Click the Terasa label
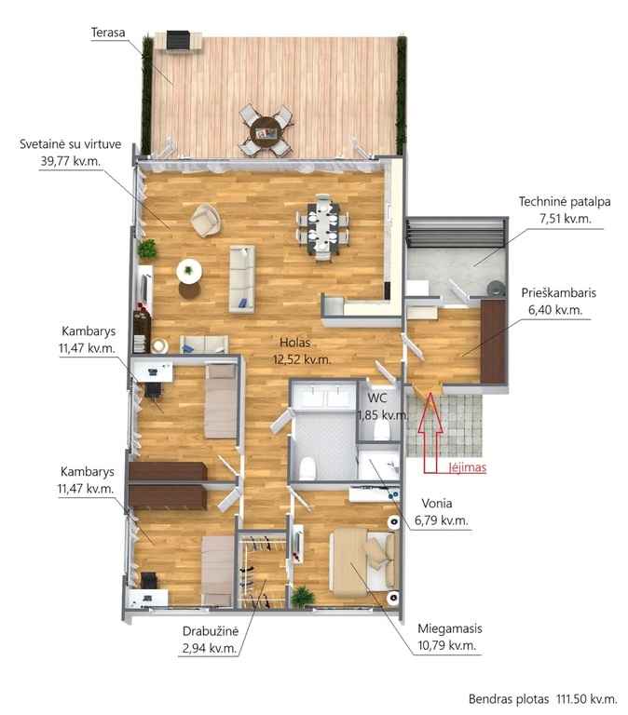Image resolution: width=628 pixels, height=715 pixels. [108, 33]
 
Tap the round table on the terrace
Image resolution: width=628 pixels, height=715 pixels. [266, 132]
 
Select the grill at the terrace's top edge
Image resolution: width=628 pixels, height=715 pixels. [178, 41]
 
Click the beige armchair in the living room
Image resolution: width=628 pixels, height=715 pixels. [206, 221]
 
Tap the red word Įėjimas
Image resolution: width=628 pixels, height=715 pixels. [468, 467]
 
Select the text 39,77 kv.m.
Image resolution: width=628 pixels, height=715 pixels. [71, 161]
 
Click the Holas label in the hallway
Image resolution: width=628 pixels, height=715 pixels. [294, 342]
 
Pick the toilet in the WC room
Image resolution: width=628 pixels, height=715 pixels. [381, 429]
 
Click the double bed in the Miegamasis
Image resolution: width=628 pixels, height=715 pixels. [362, 562]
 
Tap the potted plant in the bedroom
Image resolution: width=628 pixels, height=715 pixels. [303, 597]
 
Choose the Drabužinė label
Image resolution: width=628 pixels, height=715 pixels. [211, 631]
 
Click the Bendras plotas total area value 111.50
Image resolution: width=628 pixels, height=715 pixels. [572, 698]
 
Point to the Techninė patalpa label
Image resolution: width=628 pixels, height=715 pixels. [565, 201]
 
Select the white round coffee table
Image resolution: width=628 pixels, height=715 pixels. [189, 271]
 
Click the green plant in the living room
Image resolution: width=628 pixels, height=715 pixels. [147, 250]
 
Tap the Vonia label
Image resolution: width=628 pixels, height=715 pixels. [437, 504]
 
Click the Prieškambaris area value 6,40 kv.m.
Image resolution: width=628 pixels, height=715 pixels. [555, 310]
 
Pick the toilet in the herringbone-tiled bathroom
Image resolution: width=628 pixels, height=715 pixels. [307, 468]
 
